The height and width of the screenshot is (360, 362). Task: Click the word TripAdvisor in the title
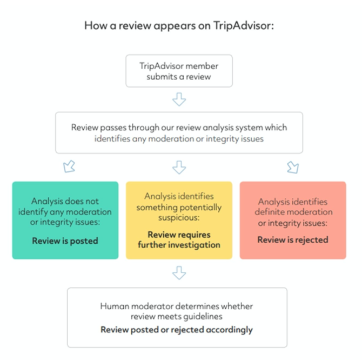244,25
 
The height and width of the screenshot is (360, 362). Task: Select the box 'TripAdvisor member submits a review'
179,71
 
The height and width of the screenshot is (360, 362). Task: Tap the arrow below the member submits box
179,99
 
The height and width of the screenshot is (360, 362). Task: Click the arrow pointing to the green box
69,166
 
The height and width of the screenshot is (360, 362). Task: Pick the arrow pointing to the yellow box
179,167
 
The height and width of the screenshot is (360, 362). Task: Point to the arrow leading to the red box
293,167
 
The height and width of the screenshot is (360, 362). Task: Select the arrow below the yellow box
179,273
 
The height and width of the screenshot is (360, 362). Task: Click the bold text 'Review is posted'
65,241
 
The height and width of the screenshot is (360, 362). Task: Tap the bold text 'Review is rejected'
293,240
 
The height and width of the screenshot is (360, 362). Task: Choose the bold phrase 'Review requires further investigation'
179,239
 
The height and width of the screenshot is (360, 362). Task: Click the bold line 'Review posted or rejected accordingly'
177,330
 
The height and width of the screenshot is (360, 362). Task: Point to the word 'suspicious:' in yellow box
179,217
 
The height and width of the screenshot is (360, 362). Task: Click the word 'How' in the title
96,25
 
